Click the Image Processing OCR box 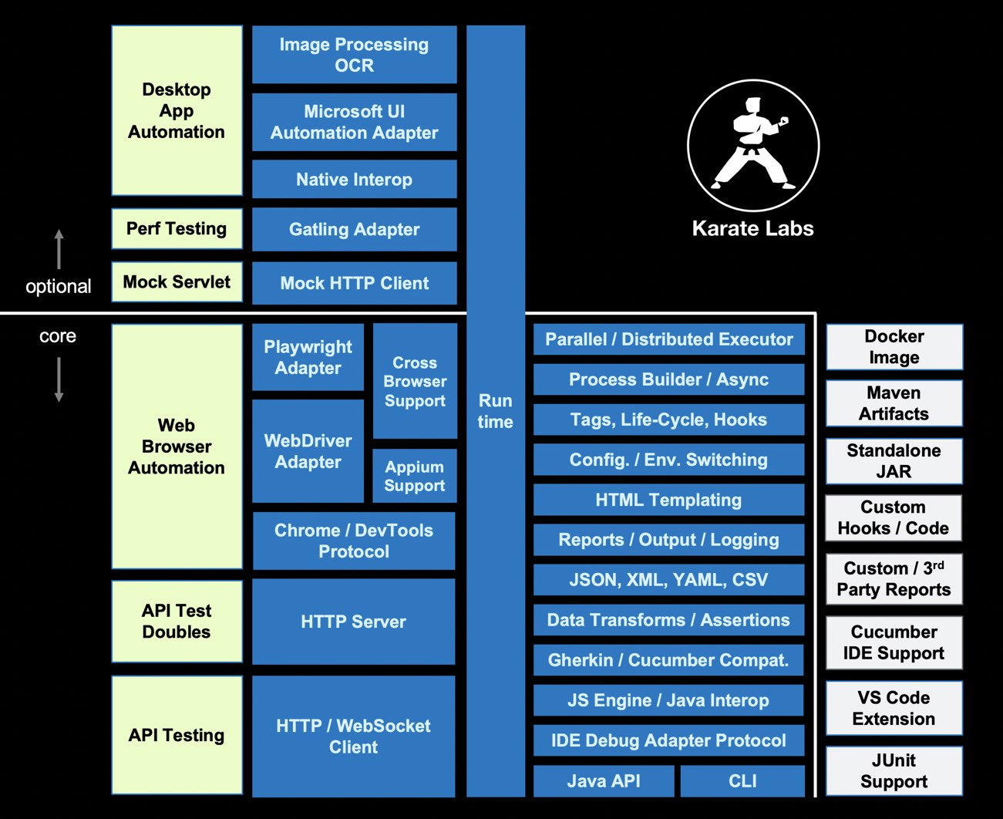(x=354, y=55)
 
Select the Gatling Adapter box (x=354, y=229)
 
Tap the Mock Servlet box (x=177, y=282)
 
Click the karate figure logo (x=752, y=145)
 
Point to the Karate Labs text (x=752, y=228)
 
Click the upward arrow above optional (x=59, y=248)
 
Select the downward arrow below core (x=59, y=379)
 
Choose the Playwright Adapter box (x=308, y=357)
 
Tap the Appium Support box (x=415, y=476)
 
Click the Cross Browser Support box (x=415, y=381)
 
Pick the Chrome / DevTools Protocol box (x=354, y=541)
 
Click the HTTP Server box (x=353, y=622)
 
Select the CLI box (x=742, y=781)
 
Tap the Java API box (x=604, y=781)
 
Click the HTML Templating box (x=668, y=500)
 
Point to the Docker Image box (x=894, y=347)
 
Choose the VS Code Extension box (x=894, y=708)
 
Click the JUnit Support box (x=894, y=770)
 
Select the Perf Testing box (x=177, y=229)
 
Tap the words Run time (x=495, y=411)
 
